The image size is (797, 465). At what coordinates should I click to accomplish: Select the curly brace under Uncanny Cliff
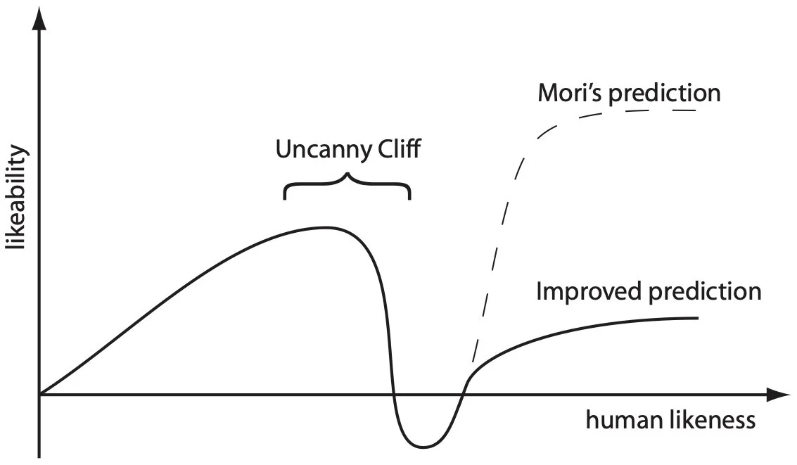347,186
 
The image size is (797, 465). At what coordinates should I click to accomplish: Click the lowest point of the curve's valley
423,447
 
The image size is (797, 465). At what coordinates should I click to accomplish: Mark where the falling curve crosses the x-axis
393,395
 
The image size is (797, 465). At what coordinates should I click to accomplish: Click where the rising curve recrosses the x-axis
461,395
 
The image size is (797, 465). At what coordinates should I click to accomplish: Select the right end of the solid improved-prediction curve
697,319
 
